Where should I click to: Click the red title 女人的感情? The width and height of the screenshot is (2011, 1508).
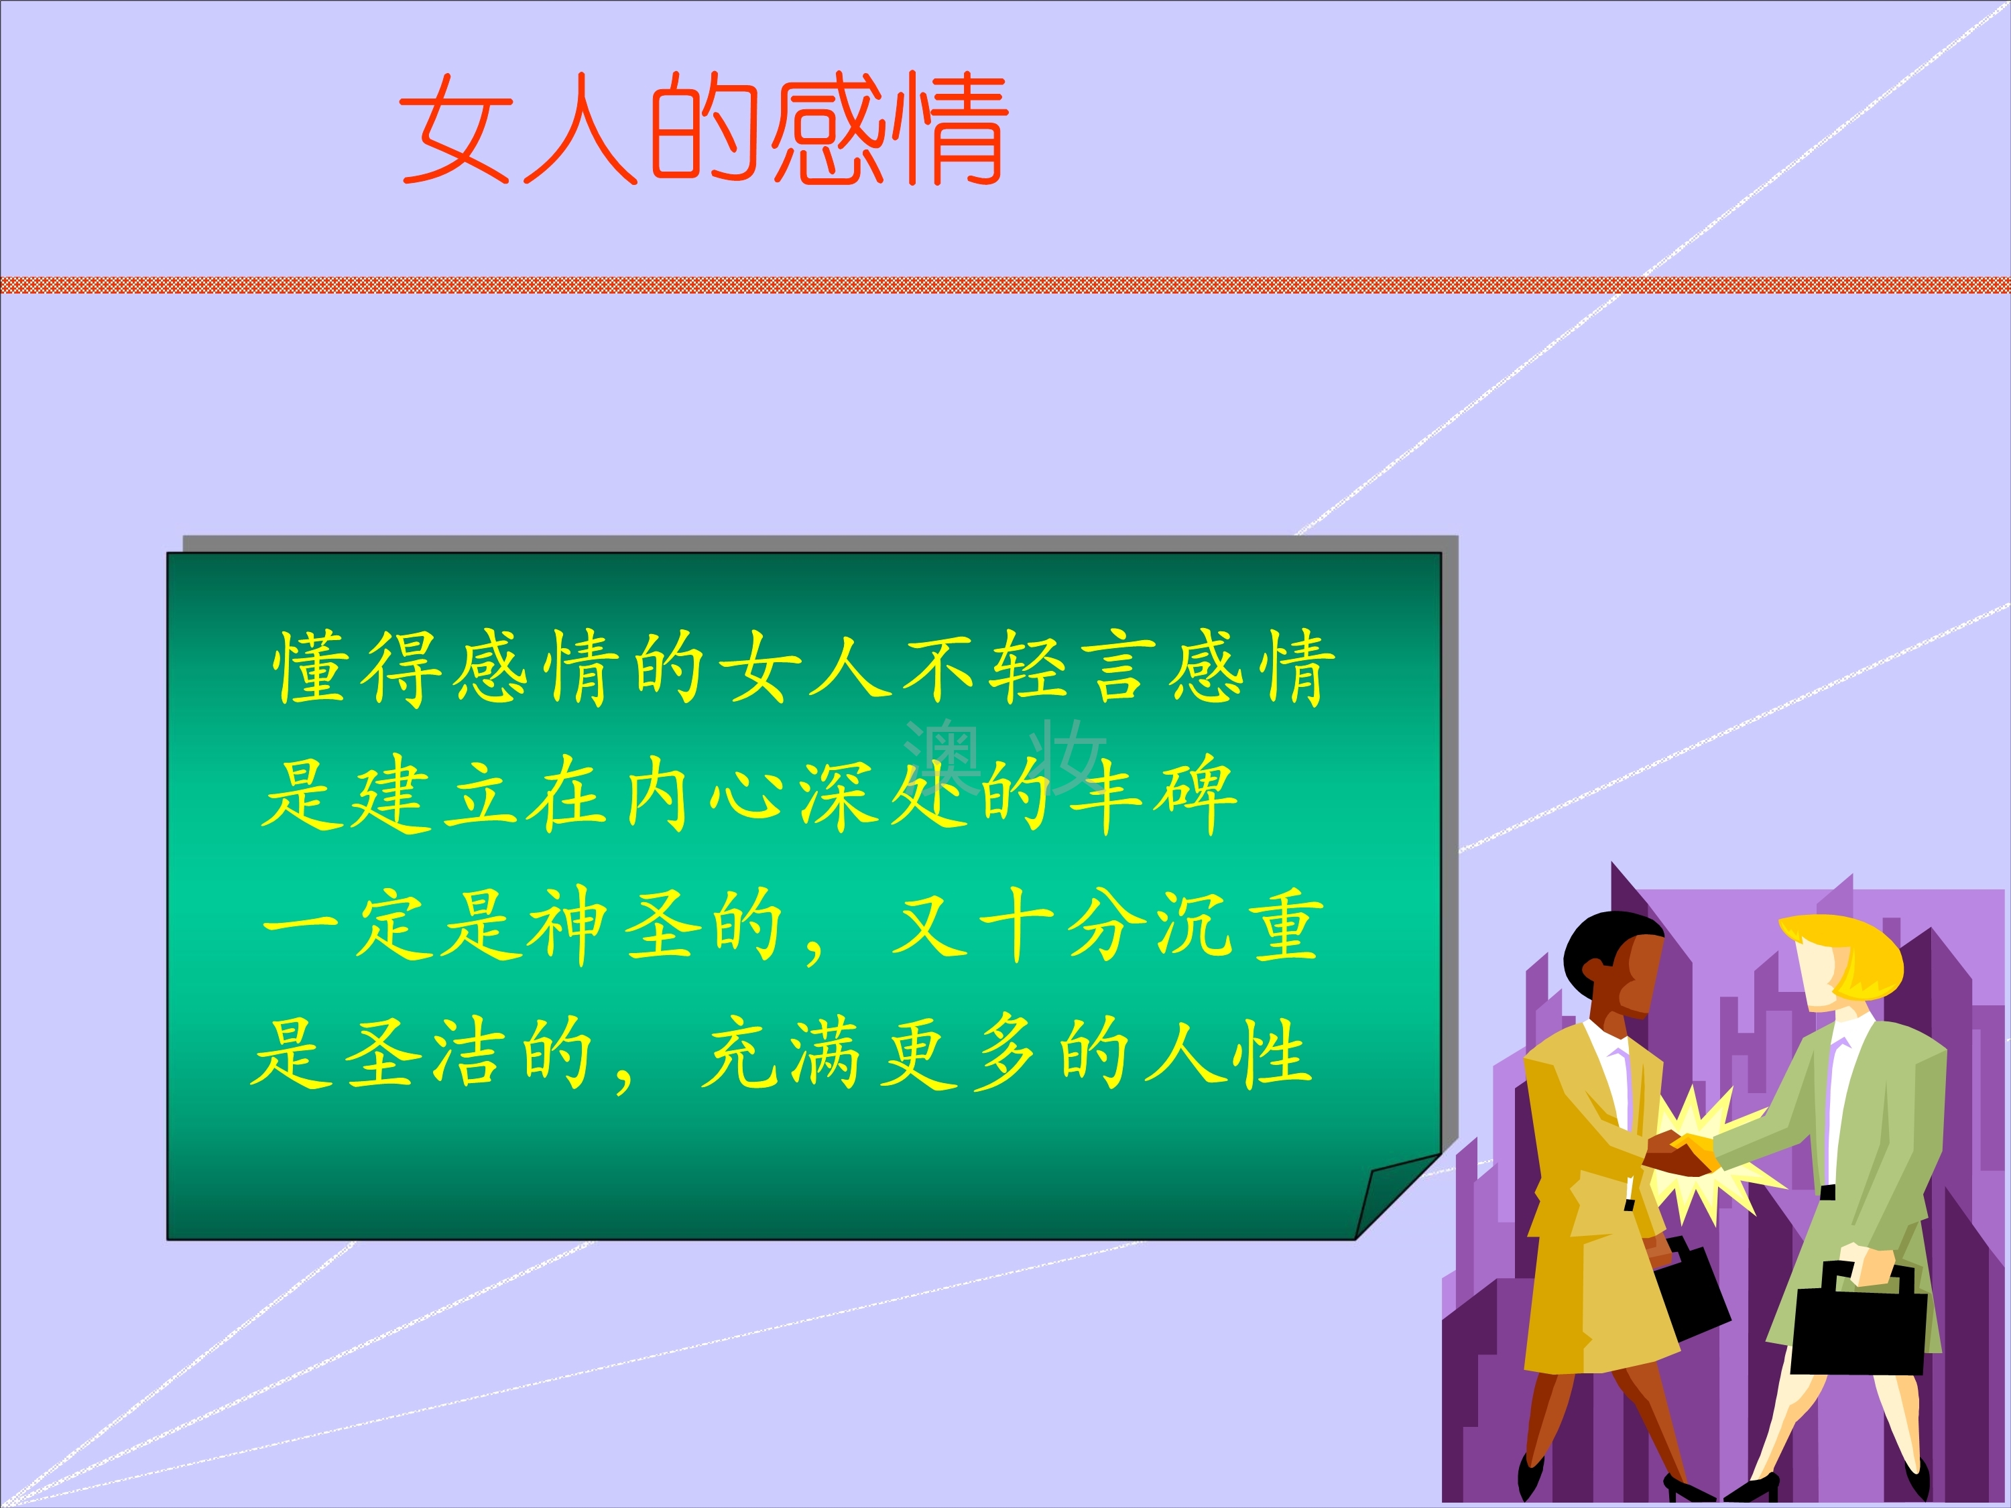(704, 129)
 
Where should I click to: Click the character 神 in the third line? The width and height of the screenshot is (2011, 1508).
(569, 926)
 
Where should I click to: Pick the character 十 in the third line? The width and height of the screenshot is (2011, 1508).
(1015, 926)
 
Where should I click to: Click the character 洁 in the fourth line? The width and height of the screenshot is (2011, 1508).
(467, 1053)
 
